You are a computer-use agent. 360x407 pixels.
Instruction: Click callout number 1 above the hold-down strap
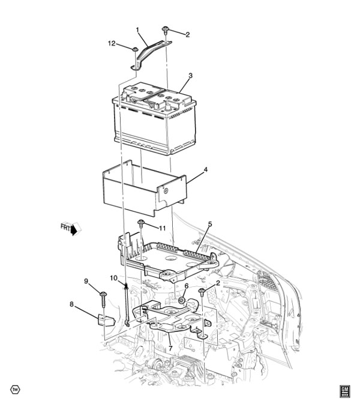(x=138, y=31)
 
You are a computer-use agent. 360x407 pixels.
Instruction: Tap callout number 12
(x=112, y=43)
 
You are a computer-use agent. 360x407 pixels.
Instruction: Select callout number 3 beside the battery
(x=190, y=76)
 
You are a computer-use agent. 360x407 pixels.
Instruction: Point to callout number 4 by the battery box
(x=205, y=170)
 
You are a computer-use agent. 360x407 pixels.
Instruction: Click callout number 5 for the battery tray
(x=210, y=224)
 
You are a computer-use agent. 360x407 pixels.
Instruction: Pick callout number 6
(x=186, y=286)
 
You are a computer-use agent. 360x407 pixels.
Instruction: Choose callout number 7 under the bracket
(x=170, y=349)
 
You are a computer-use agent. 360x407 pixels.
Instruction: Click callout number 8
(x=72, y=304)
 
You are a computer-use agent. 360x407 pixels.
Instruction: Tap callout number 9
(x=86, y=281)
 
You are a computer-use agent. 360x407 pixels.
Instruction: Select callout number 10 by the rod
(x=113, y=278)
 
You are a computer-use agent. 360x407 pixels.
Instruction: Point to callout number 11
(x=162, y=228)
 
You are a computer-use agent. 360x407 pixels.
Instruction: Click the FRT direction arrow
(x=71, y=228)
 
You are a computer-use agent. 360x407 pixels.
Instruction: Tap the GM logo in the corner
(x=344, y=391)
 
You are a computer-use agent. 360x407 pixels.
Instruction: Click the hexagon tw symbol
(x=16, y=390)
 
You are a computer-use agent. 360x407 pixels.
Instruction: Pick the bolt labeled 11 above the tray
(x=141, y=223)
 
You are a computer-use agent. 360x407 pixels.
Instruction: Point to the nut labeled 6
(x=182, y=301)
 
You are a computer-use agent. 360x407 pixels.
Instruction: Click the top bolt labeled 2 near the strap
(x=165, y=29)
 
